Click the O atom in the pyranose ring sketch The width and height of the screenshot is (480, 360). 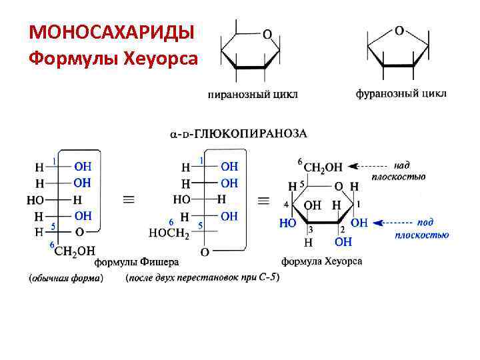coord(266,33)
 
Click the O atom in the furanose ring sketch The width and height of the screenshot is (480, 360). coord(399,30)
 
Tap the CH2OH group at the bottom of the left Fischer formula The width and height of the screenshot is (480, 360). coord(75,251)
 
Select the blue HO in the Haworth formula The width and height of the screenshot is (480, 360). coord(287,223)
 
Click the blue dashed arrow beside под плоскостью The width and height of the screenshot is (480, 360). coord(393,222)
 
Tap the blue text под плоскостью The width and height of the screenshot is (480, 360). coord(421,228)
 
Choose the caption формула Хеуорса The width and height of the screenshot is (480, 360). coord(321,261)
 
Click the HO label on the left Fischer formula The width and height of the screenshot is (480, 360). coord(35,199)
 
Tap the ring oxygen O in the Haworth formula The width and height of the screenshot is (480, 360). coord(338,186)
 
